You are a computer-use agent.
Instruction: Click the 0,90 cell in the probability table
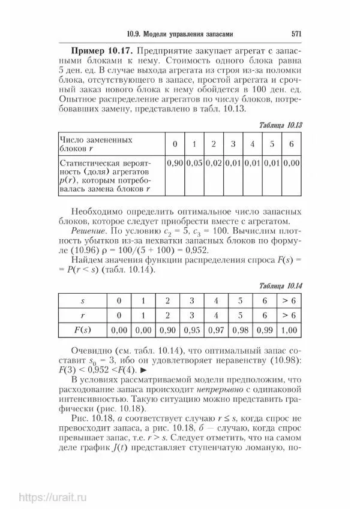click(175, 162)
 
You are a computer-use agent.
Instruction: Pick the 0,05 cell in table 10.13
click(194, 162)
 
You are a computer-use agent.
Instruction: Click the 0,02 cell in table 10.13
click(214, 162)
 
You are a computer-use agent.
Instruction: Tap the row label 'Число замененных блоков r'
click(96, 144)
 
